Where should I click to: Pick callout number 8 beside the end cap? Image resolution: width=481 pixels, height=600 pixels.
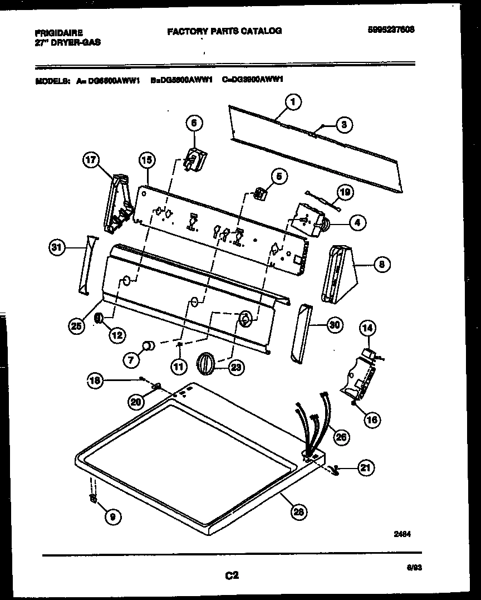click(381, 265)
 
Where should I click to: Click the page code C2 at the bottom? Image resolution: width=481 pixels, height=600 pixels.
click(232, 577)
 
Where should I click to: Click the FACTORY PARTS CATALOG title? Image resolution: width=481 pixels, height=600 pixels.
click(224, 31)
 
